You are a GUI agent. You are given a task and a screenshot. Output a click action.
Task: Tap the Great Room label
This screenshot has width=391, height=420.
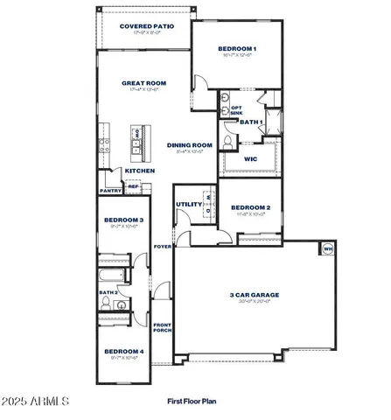(143, 84)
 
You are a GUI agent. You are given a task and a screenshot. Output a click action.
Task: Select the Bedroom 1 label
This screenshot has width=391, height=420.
(236, 48)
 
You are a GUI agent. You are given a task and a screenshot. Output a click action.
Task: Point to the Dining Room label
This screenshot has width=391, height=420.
(190, 145)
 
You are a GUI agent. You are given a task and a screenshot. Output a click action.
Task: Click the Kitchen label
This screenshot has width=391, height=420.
(140, 171)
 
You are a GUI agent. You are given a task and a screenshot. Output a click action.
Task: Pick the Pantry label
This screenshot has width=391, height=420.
(110, 190)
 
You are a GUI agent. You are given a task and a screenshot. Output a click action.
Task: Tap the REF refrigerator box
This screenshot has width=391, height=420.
(133, 186)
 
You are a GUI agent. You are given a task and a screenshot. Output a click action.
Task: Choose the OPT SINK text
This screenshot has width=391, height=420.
(236, 110)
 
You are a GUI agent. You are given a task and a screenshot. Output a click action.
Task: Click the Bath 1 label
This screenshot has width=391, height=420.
(251, 122)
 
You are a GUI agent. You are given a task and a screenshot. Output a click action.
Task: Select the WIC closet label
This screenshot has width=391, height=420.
(249, 158)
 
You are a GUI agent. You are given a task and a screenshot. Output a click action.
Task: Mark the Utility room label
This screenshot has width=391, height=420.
(188, 204)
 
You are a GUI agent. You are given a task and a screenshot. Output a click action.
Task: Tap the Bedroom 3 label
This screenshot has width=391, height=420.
(123, 220)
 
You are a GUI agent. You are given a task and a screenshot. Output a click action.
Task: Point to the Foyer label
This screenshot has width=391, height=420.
(161, 246)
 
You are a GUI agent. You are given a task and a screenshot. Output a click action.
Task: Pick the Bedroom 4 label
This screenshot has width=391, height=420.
(123, 352)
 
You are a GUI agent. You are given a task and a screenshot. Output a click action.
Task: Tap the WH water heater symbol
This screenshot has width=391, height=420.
(328, 249)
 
